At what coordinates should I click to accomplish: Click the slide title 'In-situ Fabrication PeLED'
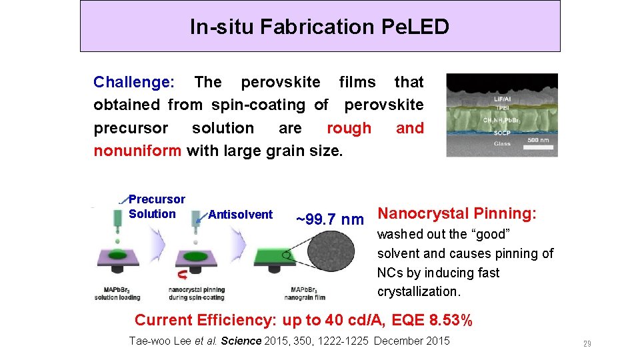(319, 27)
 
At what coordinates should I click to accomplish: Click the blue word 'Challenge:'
(134, 82)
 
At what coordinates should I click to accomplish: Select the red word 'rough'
(349, 128)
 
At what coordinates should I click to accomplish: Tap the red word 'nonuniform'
(137, 151)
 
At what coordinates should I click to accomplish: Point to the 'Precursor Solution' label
(156, 207)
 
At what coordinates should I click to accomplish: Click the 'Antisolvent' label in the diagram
(240, 215)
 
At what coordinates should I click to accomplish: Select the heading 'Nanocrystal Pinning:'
(457, 214)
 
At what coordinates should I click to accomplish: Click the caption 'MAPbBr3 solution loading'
(121, 293)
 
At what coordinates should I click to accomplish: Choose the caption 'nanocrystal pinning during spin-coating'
(196, 293)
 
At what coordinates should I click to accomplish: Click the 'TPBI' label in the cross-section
(501, 107)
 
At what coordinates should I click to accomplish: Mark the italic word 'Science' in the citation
(241, 341)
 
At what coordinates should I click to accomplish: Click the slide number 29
(587, 344)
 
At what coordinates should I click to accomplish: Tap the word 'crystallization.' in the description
(418, 291)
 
